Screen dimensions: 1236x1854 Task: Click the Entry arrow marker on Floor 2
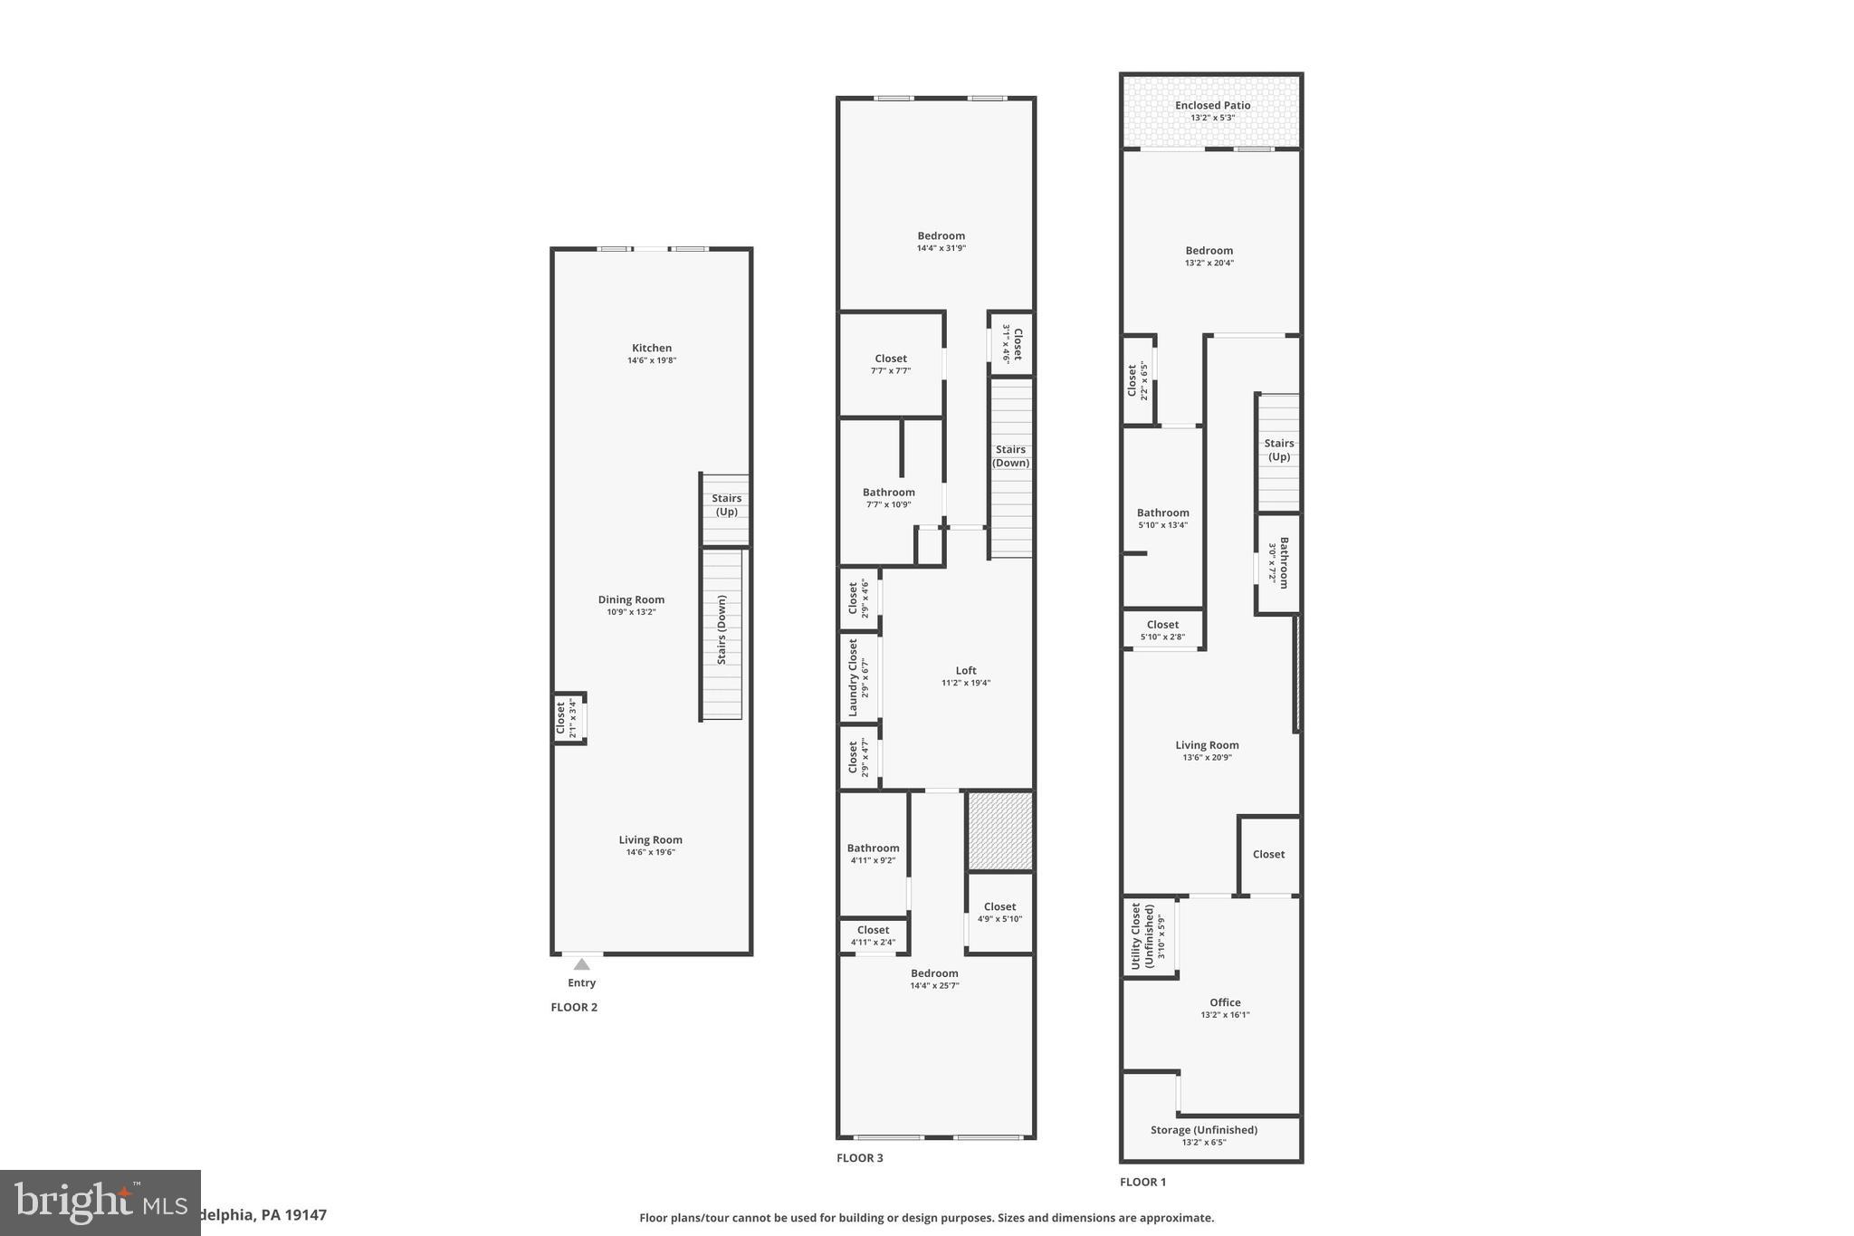(x=581, y=964)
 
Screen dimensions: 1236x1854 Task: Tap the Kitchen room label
(x=652, y=348)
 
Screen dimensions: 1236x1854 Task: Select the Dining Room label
(x=631, y=599)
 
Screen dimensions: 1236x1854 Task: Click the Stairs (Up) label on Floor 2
(x=726, y=504)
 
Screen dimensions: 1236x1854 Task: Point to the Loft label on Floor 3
(x=966, y=671)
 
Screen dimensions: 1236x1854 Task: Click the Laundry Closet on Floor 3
(x=859, y=677)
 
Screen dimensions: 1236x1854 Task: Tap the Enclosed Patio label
(x=1212, y=105)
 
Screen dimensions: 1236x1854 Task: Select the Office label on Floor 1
(x=1225, y=1002)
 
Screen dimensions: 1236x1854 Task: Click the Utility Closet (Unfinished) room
(x=1149, y=936)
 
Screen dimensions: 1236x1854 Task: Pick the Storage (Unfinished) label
(x=1204, y=1130)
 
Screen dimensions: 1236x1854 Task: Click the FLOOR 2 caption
(x=574, y=1007)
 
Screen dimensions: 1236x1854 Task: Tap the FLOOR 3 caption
(x=859, y=1158)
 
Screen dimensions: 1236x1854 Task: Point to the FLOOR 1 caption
(x=1142, y=1182)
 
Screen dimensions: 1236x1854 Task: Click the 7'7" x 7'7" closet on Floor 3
(x=891, y=364)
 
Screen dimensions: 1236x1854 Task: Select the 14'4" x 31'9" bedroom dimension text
(x=941, y=248)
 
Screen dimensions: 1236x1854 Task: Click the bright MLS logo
(x=100, y=1202)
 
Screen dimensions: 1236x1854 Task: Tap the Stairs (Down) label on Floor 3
(x=1010, y=455)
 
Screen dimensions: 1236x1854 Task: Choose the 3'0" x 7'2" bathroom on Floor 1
(x=1277, y=562)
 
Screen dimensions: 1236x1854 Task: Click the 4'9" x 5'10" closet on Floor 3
(x=999, y=913)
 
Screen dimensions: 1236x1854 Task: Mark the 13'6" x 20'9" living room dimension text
(x=1207, y=758)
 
